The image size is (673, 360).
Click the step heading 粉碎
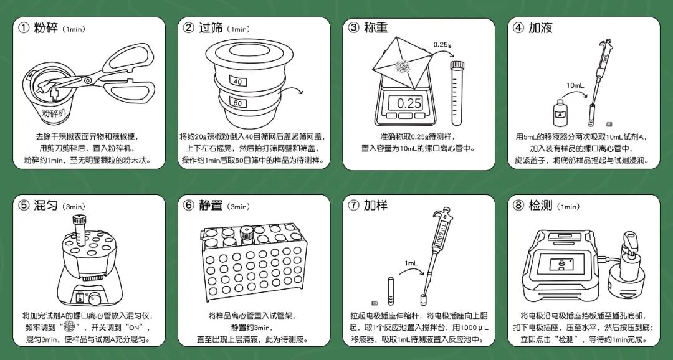tap(47, 28)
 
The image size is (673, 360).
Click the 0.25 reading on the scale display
tap(409, 103)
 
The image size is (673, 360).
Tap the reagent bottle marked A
tap(559, 113)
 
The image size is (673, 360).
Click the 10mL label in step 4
tap(575, 85)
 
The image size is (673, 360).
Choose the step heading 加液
tap(540, 28)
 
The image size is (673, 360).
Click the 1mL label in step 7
tap(411, 263)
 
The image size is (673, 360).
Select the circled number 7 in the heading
tap(353, 205)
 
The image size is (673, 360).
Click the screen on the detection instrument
tap(564, 263)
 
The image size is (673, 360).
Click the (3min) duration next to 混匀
tap(74, 206)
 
